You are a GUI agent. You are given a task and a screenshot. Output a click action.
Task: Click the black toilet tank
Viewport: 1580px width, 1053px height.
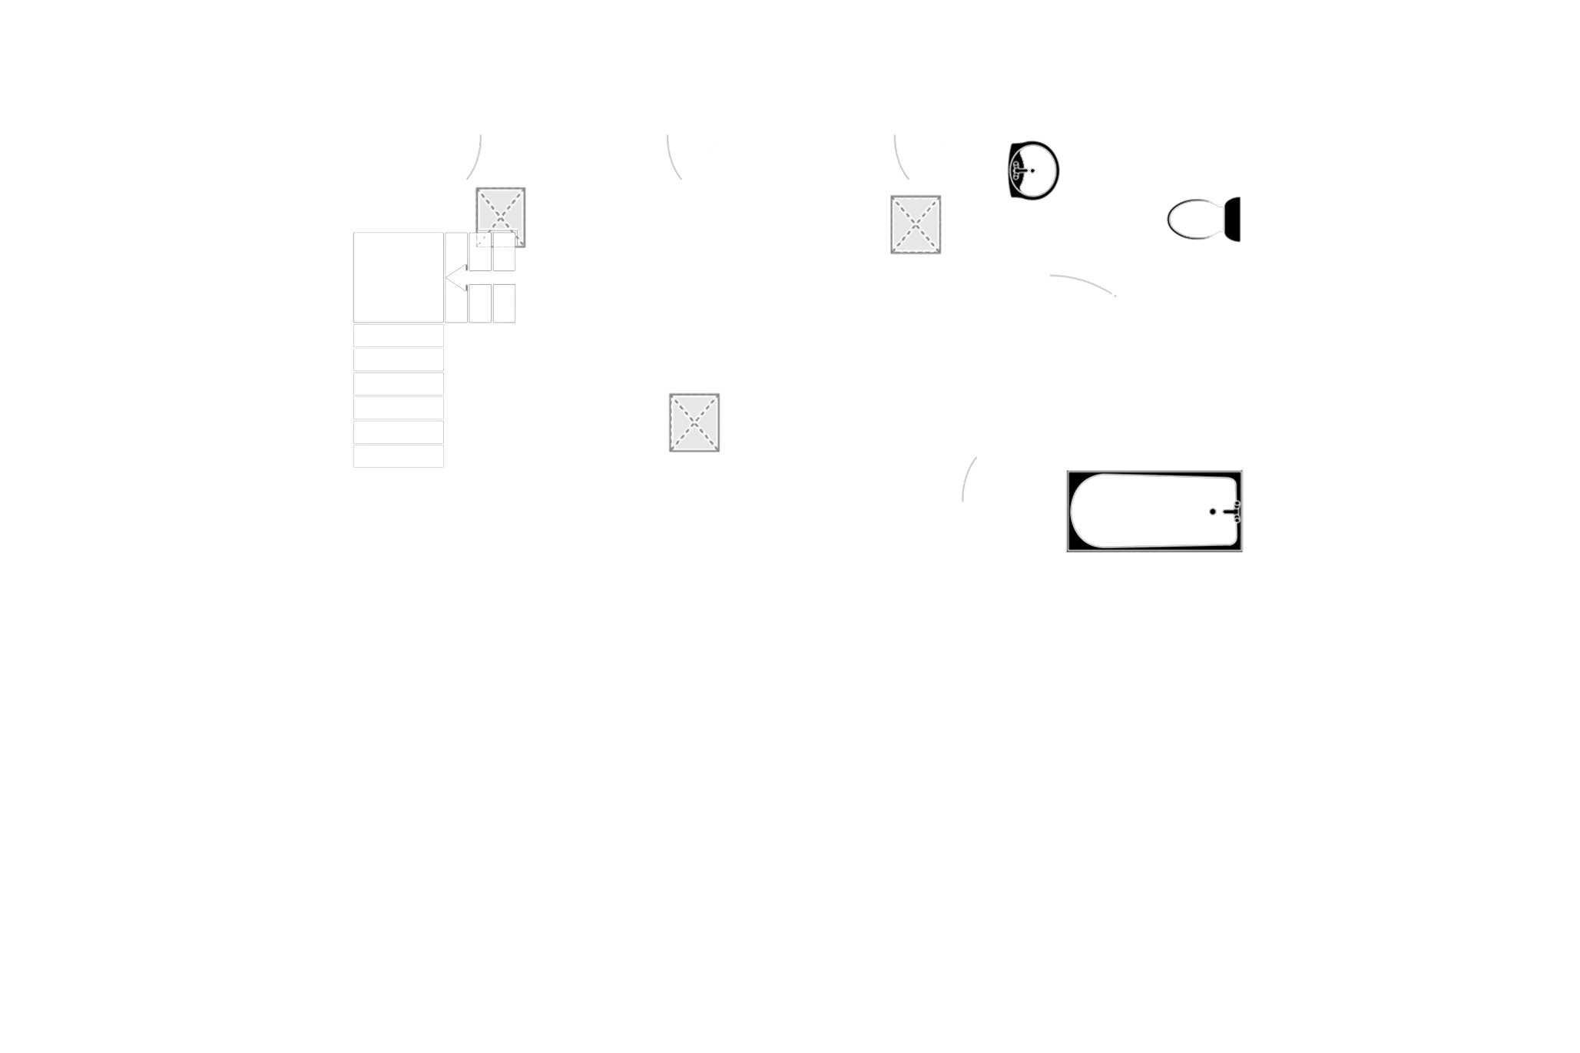tap(1233, 220)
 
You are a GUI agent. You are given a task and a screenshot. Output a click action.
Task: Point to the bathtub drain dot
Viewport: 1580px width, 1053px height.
tap(1212, 511)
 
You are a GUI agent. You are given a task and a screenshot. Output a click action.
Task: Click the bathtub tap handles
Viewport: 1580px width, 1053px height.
tap(1235, 511)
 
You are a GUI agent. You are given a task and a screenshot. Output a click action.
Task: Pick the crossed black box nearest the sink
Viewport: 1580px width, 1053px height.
tap(916, 224)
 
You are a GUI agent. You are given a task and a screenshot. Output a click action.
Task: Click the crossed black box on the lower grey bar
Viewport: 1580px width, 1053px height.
tap(694, 422)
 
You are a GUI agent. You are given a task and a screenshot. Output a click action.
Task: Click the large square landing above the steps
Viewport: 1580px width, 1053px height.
tap(398, 276)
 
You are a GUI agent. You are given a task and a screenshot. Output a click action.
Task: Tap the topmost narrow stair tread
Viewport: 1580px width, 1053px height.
tap(398, 336)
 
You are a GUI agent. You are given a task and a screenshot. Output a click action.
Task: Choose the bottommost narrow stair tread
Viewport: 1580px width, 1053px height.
tap(398, 456)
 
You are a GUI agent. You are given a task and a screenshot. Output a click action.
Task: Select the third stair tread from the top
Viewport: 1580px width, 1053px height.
tap(398, 383)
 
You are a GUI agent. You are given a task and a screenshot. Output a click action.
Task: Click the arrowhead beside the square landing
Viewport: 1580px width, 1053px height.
tap(455, 276)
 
